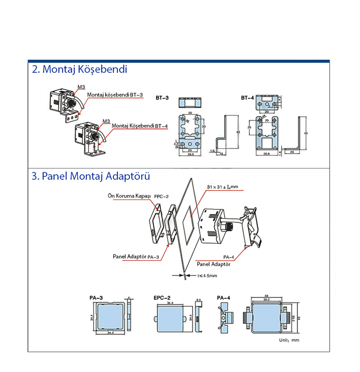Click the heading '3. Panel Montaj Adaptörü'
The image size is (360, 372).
pos(91,176)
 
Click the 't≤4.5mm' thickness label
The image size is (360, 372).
pos(206,275)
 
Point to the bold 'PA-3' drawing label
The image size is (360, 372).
pos(96,298)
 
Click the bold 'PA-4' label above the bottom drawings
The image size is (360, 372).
pos(223,298)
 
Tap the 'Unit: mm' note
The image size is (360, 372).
pos(288,340)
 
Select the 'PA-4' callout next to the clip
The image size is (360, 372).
pos(229,257)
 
